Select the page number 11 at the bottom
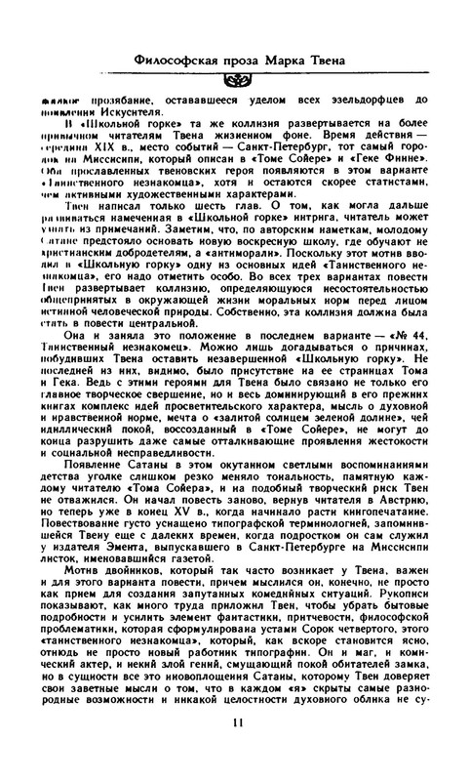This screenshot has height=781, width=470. pos(235,750)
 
